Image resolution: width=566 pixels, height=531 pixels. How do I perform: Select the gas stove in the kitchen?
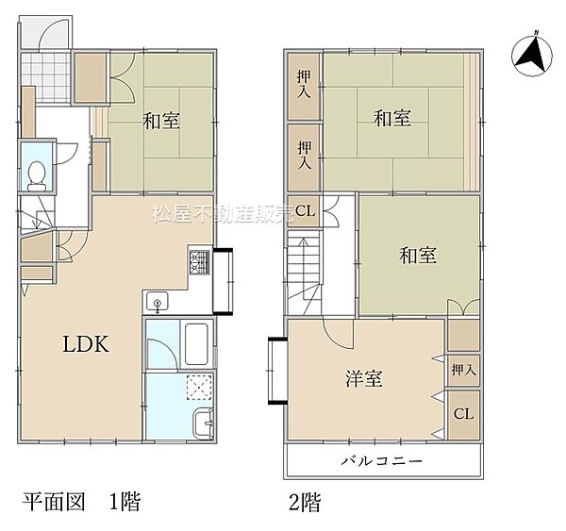pyautogui.click(x=201, y=263)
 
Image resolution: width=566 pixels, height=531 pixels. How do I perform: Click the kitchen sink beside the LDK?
pyautogui.click(x=157, y=302)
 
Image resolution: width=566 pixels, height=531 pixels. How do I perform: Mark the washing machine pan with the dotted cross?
pyautogui.click(x=199, y=387)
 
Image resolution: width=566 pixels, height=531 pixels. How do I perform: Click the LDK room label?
pyautogui.click(x=87, y=344)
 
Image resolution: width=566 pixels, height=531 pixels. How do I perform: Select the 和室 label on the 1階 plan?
pyautogui.click(x=161, y=121)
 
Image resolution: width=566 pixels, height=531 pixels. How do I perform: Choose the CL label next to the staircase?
pyautogui.click(x=306, y=210)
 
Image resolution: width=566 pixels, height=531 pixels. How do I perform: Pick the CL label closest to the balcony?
pyautogui.click(x=463, y=414)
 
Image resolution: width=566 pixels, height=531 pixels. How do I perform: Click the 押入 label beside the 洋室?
pyautogui.click(x=463, y=371)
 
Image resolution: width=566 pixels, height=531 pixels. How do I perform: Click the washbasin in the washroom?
pyautogui.click(x=202, y=423)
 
